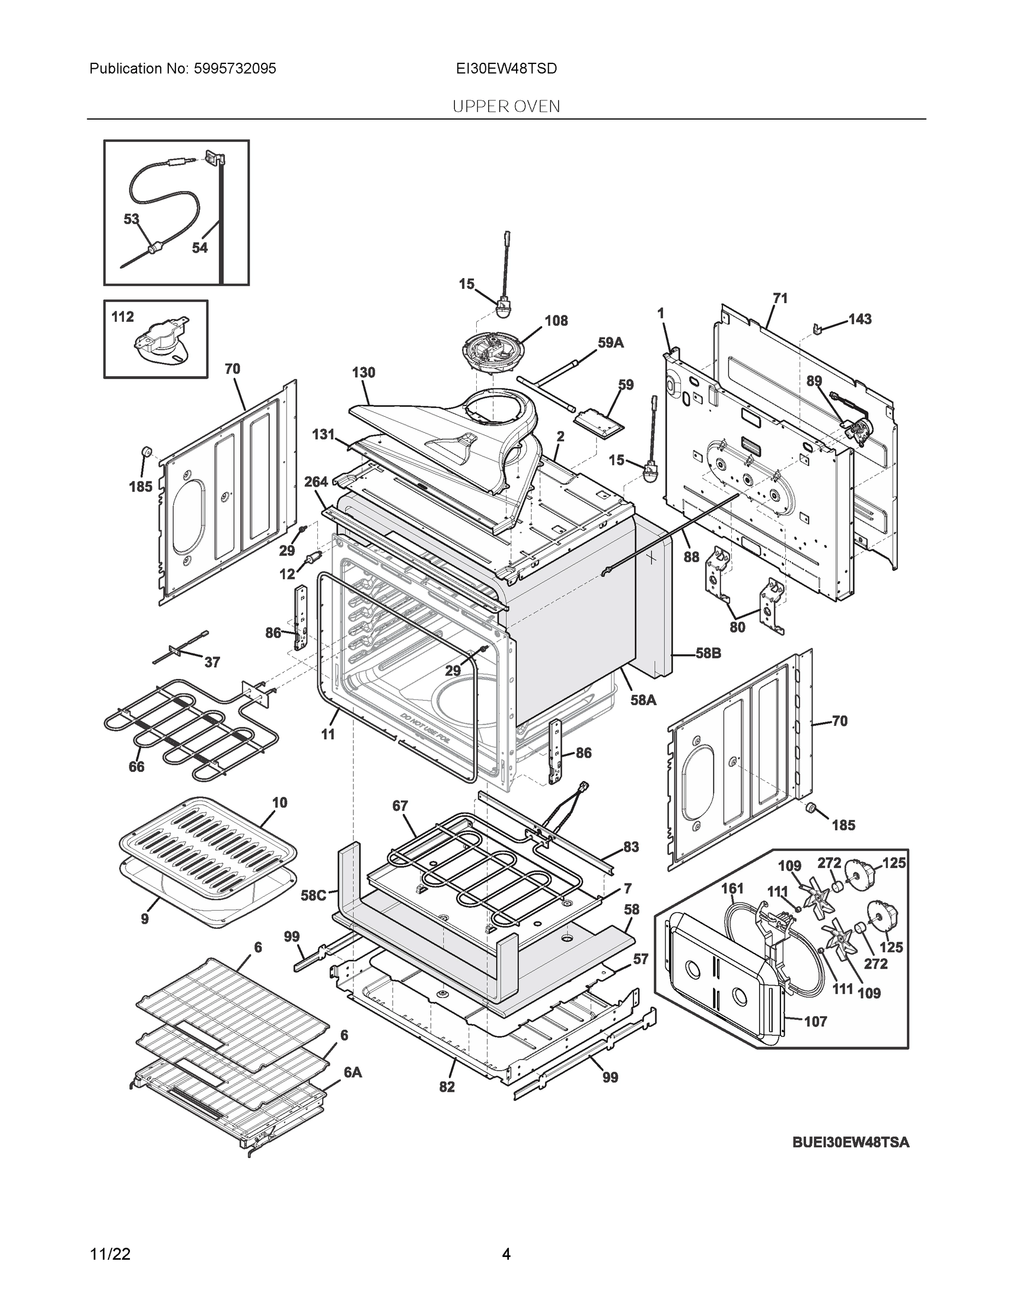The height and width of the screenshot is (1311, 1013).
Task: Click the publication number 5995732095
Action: (x=235, y=69)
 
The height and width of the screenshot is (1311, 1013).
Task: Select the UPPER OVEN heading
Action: (x=506, y=107)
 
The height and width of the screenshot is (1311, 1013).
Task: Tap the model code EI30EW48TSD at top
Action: (x=506, y=69)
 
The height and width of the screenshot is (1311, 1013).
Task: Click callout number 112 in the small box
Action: (x=123, y=317)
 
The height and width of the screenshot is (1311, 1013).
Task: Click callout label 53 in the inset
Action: (x=132, y=219)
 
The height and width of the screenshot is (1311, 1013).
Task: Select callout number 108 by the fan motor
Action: (x=556, y=321)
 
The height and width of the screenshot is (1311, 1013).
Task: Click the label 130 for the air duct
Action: (x=363, y=373)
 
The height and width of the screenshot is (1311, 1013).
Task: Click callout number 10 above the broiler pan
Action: (x=280, y=802)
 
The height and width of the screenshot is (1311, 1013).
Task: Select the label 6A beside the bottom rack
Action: (x=352, y=1072)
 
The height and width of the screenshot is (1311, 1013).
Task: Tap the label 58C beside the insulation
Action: (x=313, y=896)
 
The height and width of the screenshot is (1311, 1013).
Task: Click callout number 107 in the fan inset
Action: (x=815, y=1021)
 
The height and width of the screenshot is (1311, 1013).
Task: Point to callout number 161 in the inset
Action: (x=732, y=888)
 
